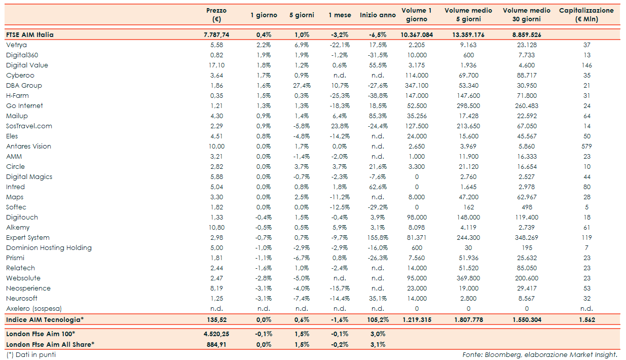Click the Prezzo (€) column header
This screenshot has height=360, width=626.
pos(216,15)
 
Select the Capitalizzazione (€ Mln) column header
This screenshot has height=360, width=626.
pos(586,15)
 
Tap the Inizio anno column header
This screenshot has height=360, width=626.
pos(378,15)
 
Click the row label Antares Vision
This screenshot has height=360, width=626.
pos(28,147)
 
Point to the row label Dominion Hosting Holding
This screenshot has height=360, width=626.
pos(49,248)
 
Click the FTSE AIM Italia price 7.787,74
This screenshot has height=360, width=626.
pos(216,35)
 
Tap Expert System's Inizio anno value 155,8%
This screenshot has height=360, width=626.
pos(378,238)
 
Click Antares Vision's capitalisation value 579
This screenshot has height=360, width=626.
pos(586,147)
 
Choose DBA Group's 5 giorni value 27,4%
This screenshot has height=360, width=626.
pos(302,86)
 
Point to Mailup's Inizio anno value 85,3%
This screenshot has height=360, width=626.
pos(378,116)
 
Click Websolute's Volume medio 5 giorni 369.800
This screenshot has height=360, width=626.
pos(468,278)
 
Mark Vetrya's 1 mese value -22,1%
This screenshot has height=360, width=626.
pos(340,45)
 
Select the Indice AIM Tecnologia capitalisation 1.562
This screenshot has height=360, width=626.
pos(586,320)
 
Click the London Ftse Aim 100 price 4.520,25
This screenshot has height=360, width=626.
pos(216,334)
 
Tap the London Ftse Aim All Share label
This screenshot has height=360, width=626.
pos(50,345)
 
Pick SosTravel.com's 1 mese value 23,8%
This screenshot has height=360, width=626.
pos(340,126)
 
